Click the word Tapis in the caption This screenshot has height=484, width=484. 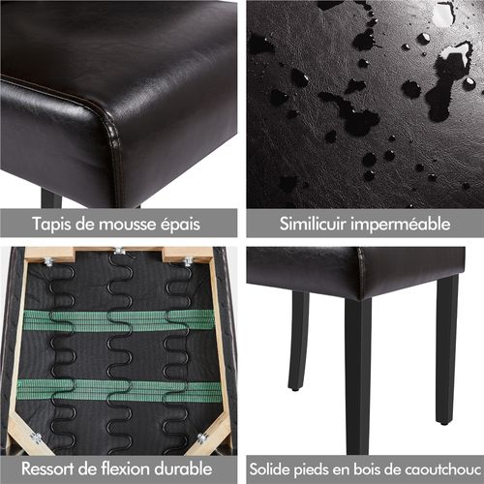click(52, 224)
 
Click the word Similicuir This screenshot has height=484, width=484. click(312, 225)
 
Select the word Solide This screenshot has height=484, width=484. click(272, 469)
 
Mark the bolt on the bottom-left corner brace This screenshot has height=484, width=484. click(36, 439)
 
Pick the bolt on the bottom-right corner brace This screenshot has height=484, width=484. click(201, 439)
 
